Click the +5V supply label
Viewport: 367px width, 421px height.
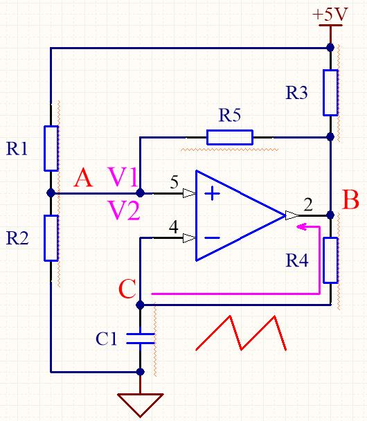(x=330, y=15)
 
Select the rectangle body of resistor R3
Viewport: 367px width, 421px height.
(x=330, y=93)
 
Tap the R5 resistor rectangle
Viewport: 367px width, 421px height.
(x=230, y=137)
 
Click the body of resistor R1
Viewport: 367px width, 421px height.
(x=51, y=148)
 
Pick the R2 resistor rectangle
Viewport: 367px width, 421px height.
(x=51, y=238)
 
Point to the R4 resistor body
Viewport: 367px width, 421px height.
(x=330, y=260)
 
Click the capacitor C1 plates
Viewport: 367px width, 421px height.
(x=140, y=339)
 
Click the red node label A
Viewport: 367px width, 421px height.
(x=84, y=179)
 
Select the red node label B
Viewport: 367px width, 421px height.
(x=350, y=199)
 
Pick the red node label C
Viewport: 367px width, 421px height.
(x=127, y=289)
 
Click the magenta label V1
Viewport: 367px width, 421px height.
(x=123, y=177)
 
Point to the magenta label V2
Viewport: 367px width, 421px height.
(x=125, y=210)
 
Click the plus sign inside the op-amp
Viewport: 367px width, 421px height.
(x=212, y=193)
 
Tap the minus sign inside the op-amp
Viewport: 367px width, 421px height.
(x=212, y=238)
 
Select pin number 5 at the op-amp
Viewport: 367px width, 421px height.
(x=174, y=182)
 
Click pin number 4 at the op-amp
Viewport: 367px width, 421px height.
(x=174, y=227)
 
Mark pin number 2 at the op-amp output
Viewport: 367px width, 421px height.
(x=308, y=204)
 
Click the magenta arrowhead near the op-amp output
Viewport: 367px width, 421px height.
(x=302, y=226)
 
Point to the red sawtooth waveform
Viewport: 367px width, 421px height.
(x=241, y=333)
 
